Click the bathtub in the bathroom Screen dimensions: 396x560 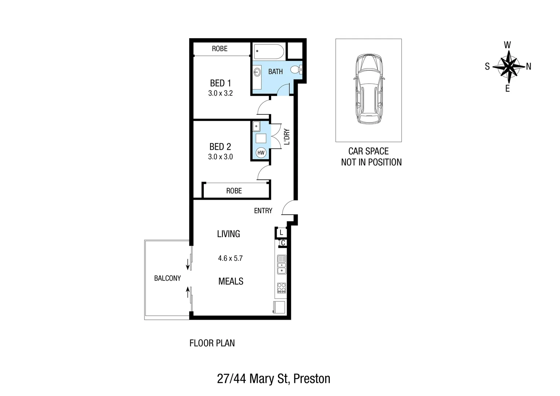(269, 52)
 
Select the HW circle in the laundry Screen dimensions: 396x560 (261, 153)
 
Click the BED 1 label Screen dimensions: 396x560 (220, 83)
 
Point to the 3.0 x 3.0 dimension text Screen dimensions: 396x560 (220, 157)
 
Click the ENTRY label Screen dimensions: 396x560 (263, 210)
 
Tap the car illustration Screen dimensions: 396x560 (368, 89)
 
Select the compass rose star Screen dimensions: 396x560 (508, 66)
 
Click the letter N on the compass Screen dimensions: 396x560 (528, 66)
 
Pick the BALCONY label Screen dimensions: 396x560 (167, 278)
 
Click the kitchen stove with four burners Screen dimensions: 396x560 (281, 288)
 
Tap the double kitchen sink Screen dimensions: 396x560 (281, 264)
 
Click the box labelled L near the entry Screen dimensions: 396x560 (281, 232)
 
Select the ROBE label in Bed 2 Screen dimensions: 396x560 (234, 191)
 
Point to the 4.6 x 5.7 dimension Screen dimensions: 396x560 (230, 258)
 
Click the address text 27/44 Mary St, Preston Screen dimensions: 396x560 (273, 378)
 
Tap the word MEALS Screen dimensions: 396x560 (231, 281)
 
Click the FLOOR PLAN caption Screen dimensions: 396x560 (212, 343)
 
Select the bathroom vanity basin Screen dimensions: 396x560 (257, 73)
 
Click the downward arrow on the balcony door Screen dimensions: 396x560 (188, 264)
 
